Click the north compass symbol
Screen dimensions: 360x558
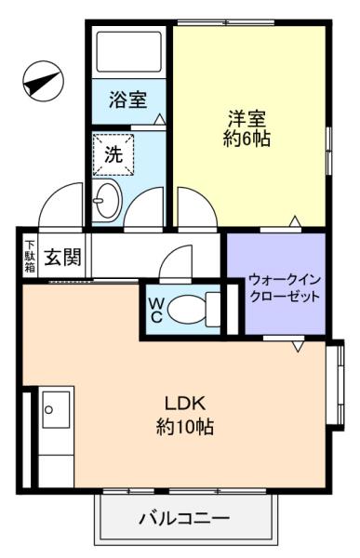coord(43,81)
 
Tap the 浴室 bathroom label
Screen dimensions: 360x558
coord(127,100)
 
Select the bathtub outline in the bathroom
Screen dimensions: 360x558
coord(129,52)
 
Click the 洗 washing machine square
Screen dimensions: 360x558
coord(113,154)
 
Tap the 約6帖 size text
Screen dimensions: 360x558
coord(247,139)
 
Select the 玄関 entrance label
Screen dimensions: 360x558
coord(63,257)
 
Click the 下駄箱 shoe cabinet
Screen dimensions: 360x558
coord(31,257)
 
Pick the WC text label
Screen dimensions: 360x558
coord(156,310)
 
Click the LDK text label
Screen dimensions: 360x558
coord(185,404)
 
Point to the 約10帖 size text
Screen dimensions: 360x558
coord(185,426)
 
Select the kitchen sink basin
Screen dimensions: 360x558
coord(56,409)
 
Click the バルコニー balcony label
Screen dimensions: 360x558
coord(184,519)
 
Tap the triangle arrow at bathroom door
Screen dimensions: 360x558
coord(159,119)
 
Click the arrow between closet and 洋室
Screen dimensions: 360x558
coord(295,220)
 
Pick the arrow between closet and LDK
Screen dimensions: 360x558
coord(299,346)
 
